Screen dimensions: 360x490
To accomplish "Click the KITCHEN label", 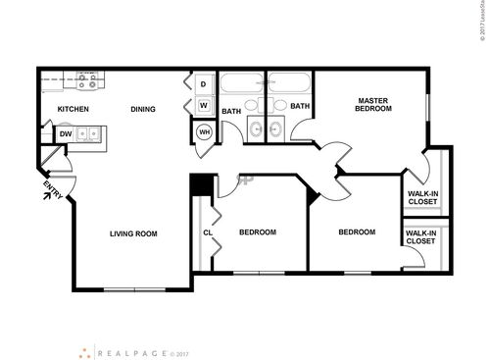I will pos(73,109).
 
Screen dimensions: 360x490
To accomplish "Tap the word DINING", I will pos(143,109).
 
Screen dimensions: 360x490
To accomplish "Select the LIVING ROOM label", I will pos(134,233).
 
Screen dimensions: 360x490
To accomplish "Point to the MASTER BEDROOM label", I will pos(374,104).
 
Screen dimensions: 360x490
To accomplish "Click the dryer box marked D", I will pos(204,83).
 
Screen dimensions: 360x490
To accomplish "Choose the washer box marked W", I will pos(204,105).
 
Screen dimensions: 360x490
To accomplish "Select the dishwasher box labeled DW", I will pos(66,134).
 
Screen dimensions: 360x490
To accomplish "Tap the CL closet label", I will pos(208,232).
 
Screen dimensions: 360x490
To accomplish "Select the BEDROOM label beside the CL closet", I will pos(258,232).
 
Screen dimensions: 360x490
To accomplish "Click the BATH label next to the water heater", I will pos(231,111).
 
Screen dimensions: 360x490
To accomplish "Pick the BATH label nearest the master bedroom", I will pos(300,106).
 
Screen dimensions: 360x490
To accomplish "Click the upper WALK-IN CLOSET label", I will pos(422,199).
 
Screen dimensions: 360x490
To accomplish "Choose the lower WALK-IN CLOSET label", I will pos(419,236).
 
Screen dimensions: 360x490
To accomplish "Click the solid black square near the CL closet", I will pos(198,182).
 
